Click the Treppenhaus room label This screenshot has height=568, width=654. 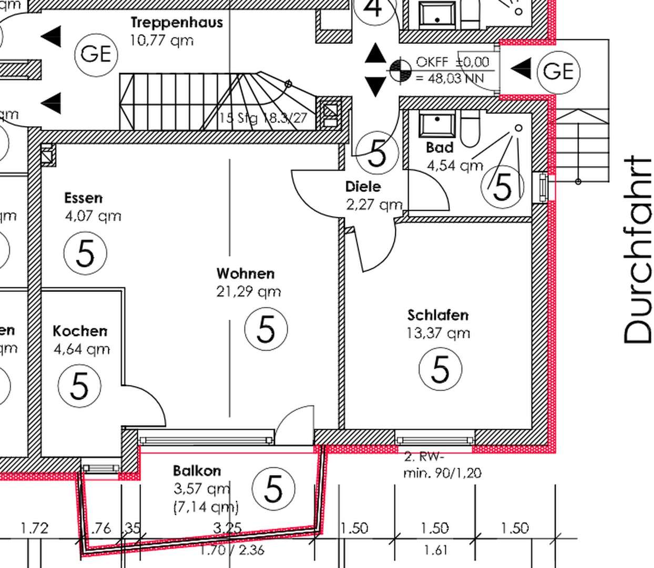(177, 23)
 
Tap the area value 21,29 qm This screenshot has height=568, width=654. (248, 291)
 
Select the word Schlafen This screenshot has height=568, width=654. (438, 315)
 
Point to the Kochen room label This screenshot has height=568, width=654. (80, 331)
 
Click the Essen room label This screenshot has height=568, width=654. (83, 198)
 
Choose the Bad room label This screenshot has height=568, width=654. (440, 147)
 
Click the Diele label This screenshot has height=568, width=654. (363, 186)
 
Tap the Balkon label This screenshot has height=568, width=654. (197, 470)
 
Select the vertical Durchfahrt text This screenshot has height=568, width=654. (637, 250)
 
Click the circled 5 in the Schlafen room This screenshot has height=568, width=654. (440, 369)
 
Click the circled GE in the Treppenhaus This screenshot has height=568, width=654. (96, 54)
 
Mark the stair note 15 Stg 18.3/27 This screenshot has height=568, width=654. (262, 118)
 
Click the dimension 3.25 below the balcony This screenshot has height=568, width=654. (227, 528)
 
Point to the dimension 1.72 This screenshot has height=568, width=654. (34, 528)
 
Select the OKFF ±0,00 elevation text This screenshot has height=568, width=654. (452, 62)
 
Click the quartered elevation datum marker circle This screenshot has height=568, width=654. (400, 69)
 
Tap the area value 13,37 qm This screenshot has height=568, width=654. (438, 333)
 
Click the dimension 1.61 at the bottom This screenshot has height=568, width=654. (435, 550)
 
